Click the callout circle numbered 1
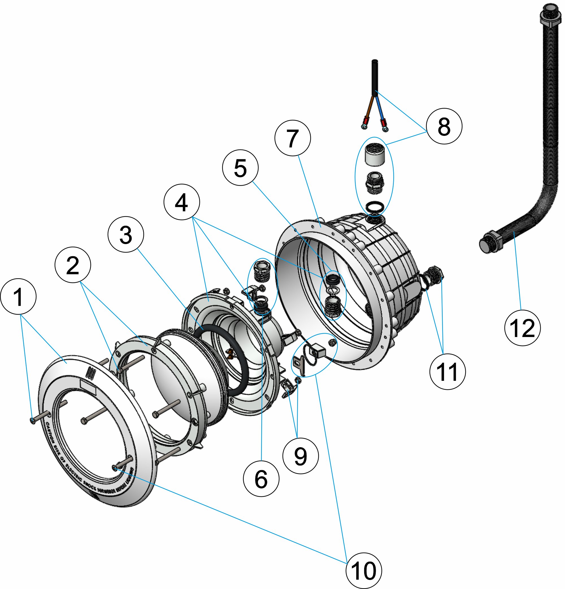[18, 297]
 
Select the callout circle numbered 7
[292, 138]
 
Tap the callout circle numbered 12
[522, 328]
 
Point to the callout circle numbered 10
[364, 571]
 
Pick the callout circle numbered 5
[240, 168]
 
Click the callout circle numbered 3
[126, 234]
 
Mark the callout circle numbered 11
[447, 372]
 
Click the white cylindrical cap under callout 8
[375, 155]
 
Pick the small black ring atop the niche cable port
[375, 207]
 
